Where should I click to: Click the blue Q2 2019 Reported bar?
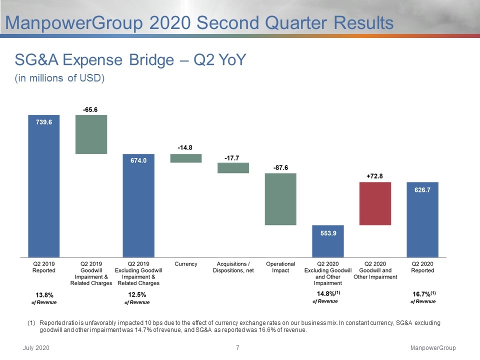coord(44,186)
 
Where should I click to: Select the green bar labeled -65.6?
coord(91,134)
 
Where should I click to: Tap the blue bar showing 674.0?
coord(138,205)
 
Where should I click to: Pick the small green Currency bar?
coord(186,158)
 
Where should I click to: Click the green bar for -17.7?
coord(233,168)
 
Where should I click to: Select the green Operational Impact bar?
coord(280,199)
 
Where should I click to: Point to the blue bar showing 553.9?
coord(328,241)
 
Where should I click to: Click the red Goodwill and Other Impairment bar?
coord(375,203)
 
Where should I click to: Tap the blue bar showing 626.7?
coord(422,219)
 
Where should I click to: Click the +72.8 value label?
coord(374,176)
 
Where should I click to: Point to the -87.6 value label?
coord(280,167)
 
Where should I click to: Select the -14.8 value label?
coord(185,147)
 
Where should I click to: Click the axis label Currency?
coord(186,264)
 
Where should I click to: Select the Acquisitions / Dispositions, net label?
coord(233,267)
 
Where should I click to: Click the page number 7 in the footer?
coord(238,348)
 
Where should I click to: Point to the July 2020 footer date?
coord(36,348)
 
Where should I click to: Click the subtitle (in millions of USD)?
coord(59,78)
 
